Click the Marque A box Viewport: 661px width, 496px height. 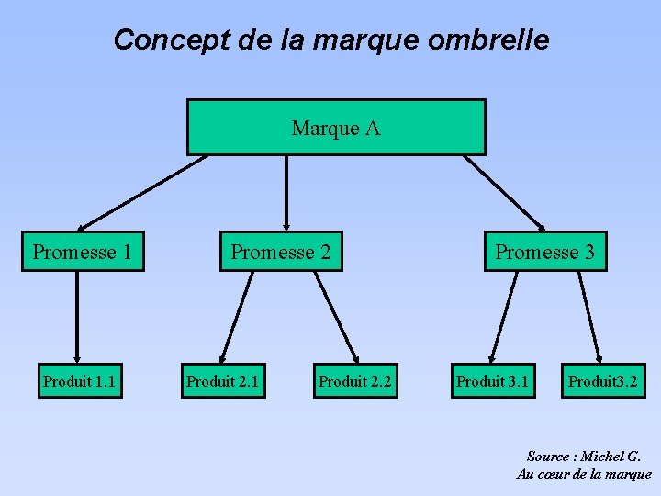pyautogui.click(x=336, y=128)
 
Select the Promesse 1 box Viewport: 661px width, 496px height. pyautogui.click(x=83, y=252)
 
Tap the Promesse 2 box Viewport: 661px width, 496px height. pyautogui.click(x=281, y=252)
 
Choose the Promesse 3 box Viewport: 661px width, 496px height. pyautogui.click(x=545, y=252)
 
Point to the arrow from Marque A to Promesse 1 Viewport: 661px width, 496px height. pyautogui.click(x=142, y=192)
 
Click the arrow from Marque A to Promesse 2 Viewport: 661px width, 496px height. pyautogui.click(x=287, y=192)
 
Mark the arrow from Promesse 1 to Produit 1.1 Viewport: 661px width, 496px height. pyautogui.click(x=77, y=317)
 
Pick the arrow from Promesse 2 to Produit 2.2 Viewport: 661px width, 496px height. pyautogui.click(x=336, y=317)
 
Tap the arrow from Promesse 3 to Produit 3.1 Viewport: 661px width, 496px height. pyautogui.click(x=504, y=317)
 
